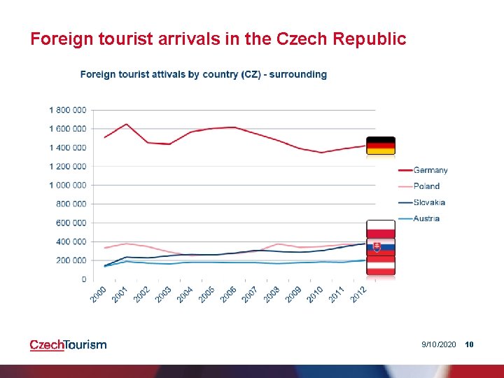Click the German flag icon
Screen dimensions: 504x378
[381, 146]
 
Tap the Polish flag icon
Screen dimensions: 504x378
[381, 229]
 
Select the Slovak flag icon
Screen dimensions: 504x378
[381, 247]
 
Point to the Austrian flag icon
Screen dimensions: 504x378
[381, 265]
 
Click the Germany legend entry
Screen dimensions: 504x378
[423, 170]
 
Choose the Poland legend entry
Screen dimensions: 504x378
[419, 186]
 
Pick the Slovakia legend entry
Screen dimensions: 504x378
[421, 202]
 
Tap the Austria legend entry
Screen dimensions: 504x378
[419, 218]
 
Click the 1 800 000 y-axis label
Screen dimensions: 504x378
[67, 111]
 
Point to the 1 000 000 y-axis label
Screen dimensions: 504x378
[67, 185]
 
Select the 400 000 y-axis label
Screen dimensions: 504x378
[71, 241]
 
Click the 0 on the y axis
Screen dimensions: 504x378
[84, 279]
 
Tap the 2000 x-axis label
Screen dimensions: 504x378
[98, 295]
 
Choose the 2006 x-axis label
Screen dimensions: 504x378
[228, 295]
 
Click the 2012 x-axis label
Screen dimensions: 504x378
[358, 295]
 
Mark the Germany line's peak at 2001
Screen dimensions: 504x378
[126, 124]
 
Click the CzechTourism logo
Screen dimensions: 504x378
[68, 345]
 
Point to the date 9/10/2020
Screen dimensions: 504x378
[439, 344]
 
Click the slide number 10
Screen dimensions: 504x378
[469, 344]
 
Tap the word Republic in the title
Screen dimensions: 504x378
[370, 39]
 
